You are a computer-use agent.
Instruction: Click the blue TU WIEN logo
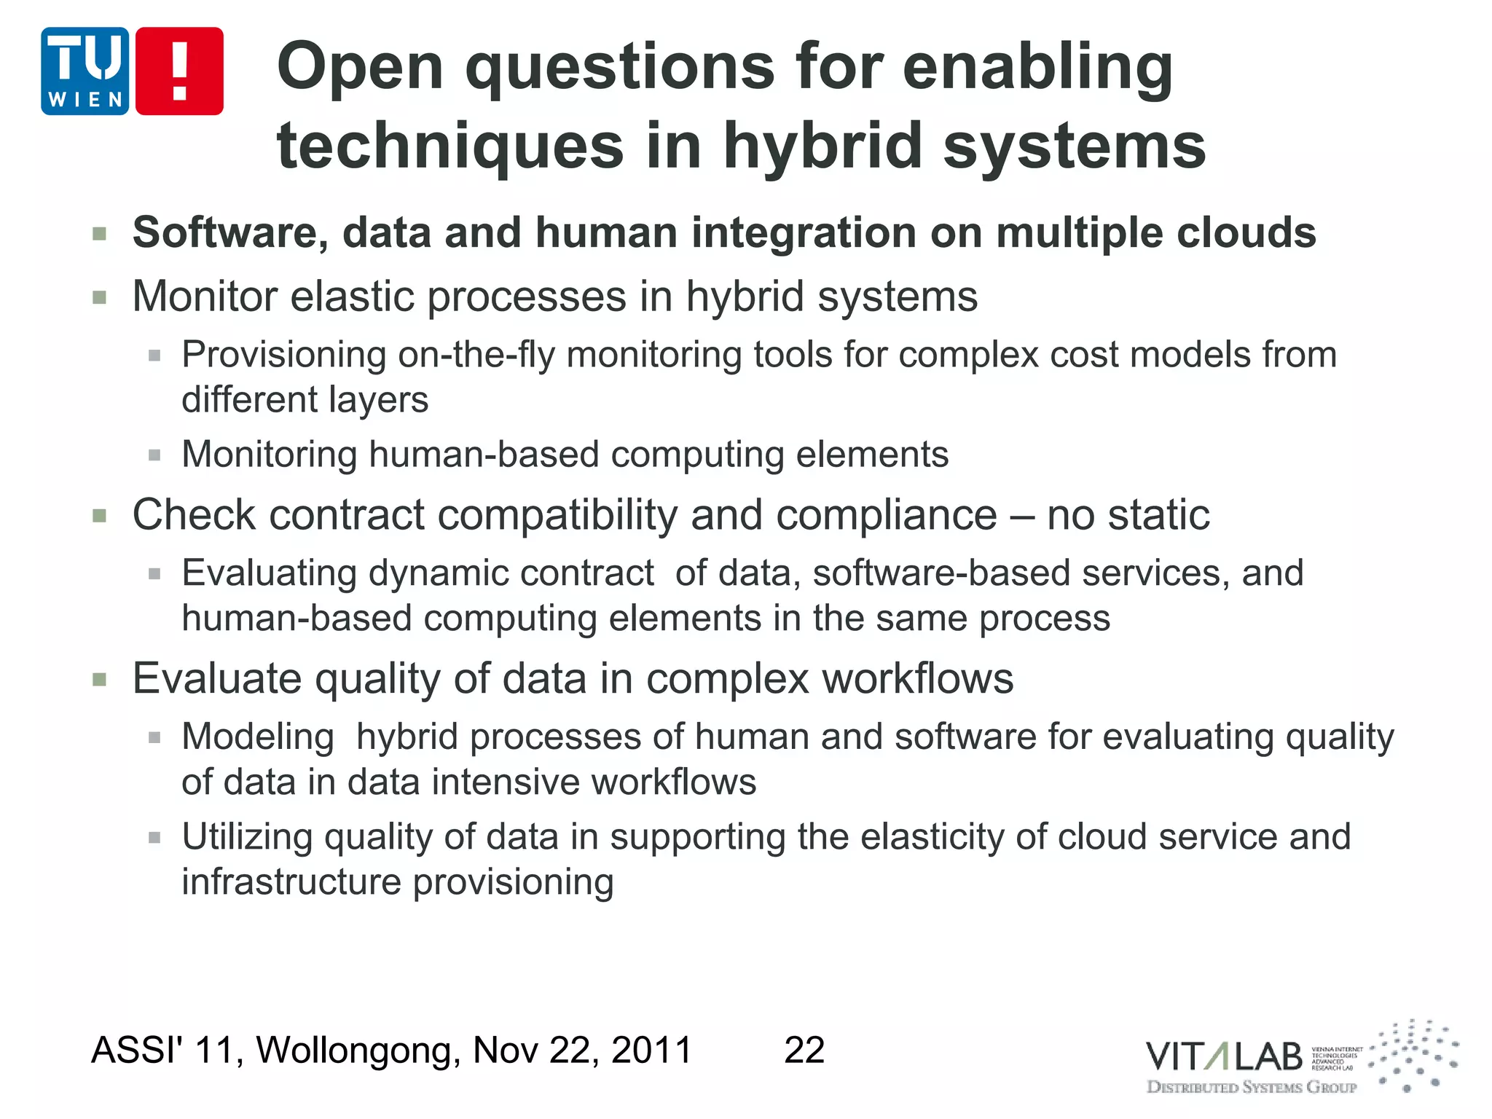coord(85,71)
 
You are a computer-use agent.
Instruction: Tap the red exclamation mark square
coord(179,71)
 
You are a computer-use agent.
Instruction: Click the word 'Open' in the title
coord(360,67)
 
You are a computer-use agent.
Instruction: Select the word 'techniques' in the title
coord(450,146)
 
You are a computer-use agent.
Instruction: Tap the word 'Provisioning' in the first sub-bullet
coord(284,356)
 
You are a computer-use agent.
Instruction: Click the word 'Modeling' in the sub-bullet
coord(258,737)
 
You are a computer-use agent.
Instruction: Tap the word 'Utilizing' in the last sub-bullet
coord(247,837)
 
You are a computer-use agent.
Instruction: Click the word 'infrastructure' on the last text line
coord(291,882)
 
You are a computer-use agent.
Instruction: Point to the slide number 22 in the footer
coord(804,1051)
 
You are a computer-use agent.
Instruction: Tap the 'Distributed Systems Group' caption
coord(1252,1088)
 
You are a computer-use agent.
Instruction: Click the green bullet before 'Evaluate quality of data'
coord(100,680)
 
